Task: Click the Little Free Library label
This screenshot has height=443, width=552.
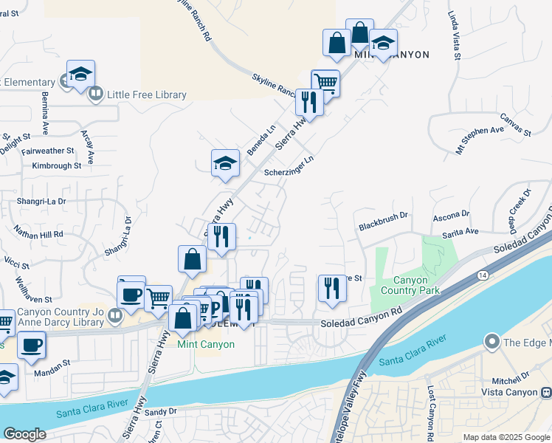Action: (x=146, y=95)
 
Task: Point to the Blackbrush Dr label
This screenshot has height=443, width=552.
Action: (x=383, y=215)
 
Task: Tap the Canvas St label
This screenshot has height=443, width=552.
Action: (x=516, y=124)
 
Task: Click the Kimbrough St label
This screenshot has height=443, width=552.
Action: (x=56, y=166)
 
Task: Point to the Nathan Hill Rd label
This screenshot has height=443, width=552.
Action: (x=38, y=232)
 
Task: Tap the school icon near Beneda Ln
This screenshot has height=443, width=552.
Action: (x=226, y=164)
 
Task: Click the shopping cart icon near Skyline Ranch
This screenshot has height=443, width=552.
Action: (x=325, y=82)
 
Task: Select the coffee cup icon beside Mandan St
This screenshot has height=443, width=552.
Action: (x=30, y=346)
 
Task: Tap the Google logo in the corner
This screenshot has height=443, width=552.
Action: (x=24, y=434)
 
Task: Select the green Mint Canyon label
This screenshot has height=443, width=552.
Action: (x=206, y=344)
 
